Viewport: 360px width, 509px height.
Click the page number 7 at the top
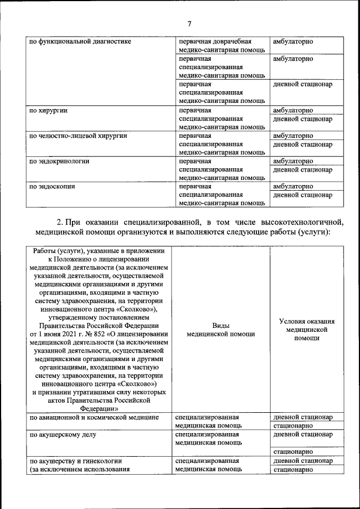190,23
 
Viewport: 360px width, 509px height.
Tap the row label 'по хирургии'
49,111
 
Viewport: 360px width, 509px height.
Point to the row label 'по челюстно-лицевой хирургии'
78,136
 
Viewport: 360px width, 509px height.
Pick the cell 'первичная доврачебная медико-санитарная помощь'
222,46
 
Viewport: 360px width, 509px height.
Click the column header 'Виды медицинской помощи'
220,330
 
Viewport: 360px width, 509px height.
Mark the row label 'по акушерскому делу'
63,435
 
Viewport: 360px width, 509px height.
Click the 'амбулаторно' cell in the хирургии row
293,111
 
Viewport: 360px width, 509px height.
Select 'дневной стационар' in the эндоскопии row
303,196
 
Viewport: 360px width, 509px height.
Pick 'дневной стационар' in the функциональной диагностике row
303,84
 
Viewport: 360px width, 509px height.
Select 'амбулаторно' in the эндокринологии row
293,161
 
